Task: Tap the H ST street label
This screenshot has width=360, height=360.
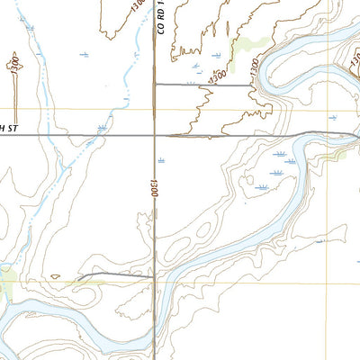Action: tap(9, 129)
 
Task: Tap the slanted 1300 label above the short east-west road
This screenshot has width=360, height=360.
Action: tap(217, 80)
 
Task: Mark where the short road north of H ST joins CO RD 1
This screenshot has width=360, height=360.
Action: tap(155, 85)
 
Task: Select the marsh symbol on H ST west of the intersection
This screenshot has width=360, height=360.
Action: tap(102, 129)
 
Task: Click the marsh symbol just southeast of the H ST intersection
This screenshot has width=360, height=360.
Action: tap(162, 159)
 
